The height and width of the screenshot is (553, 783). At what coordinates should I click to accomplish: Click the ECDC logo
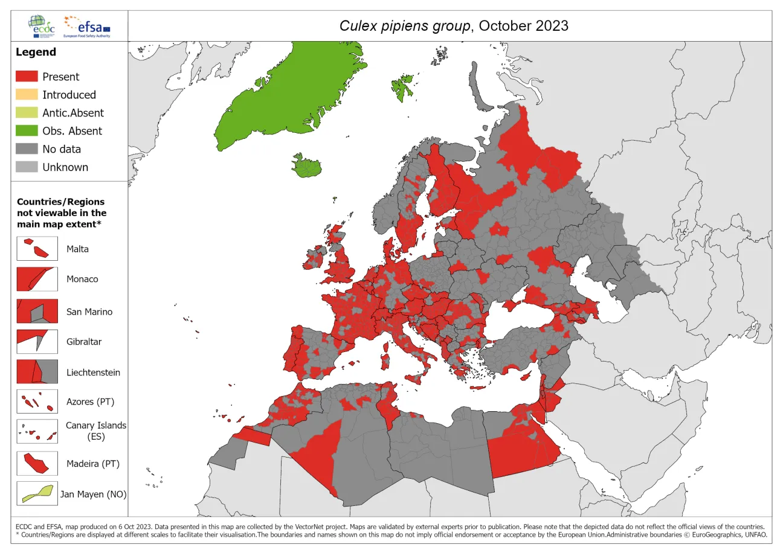tap(42, 25)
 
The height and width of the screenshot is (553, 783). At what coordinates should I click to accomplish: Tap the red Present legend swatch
tap(27, 77)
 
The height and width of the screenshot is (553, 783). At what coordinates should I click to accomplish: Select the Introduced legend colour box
tap(27, 95)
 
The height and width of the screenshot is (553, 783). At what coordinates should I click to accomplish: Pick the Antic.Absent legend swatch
tap(27, 113)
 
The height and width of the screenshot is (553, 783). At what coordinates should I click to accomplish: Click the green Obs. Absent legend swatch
tap(27, 131)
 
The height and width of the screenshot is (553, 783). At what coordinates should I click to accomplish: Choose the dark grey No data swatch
tap(27, 149)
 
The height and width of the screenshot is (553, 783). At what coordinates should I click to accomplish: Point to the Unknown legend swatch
tap(27, 167)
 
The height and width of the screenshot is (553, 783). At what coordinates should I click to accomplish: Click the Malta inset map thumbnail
tap(37, 248)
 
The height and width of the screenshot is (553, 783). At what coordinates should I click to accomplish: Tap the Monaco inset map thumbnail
tap(37, 279)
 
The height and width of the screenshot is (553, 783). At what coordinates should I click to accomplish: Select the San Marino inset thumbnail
tap(37, 312)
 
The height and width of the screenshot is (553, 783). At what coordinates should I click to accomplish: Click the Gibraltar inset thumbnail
tap(37, 341)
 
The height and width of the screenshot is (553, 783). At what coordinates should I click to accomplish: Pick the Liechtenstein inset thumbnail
tap(37, 371)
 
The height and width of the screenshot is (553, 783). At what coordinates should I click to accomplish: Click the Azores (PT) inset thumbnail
tap(37, 401)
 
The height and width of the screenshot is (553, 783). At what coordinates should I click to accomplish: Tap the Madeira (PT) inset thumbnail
tap(37, 463)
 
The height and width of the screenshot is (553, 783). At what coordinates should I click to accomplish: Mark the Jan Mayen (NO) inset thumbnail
tap(37, 493)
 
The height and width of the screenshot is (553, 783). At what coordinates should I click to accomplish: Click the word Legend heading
tap(36, 52)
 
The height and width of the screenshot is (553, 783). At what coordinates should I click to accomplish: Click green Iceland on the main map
tap(306, 167)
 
